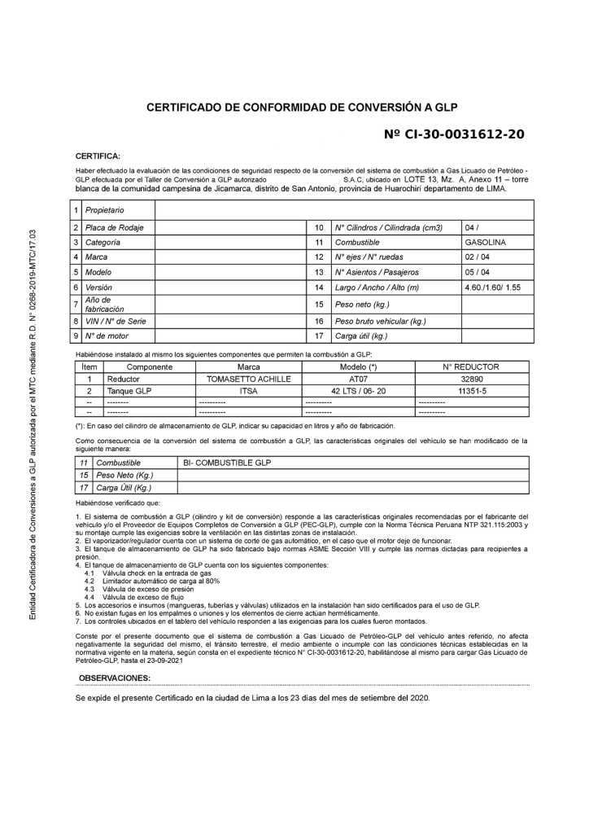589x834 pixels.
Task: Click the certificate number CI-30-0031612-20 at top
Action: pos(454,133)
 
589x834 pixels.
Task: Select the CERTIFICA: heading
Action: pos(98,155)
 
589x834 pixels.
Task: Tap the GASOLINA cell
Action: pos(485,242)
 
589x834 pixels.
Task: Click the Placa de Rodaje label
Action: pos(114,227)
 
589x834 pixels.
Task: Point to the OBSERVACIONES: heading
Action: pos(115,678)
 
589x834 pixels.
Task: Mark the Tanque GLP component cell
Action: pos(130,391)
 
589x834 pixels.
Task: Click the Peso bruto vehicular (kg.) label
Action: pos(380,320)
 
